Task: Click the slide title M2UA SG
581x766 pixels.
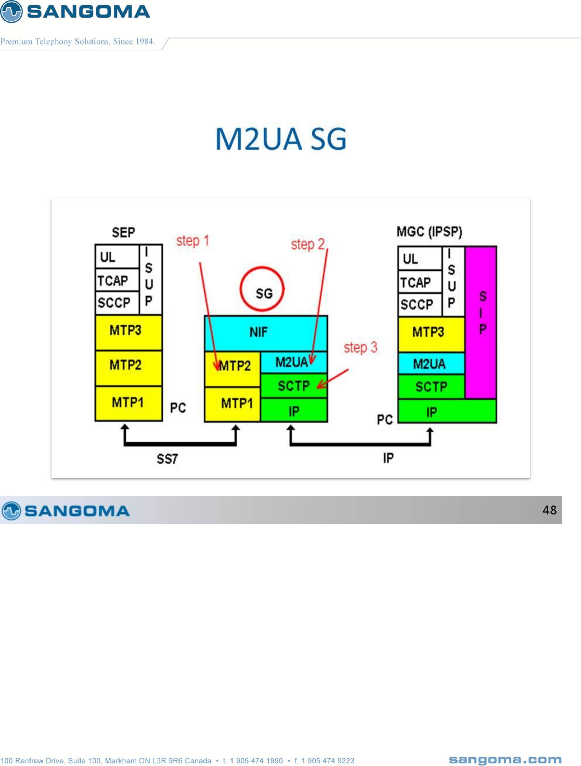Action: (281, 139)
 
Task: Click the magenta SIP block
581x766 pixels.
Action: (481, 322)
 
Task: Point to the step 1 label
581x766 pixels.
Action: (192, 241)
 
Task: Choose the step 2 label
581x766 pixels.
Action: (307, 244)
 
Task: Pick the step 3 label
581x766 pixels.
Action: (360, 348)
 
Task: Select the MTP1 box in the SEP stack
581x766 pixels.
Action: (128, 403)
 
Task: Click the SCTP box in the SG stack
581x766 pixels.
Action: (293, 386)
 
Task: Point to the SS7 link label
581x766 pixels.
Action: (167, 459)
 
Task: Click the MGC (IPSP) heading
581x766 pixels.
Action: (429, 232)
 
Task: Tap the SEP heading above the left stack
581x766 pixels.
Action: (123, 232)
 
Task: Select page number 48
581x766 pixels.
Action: (549, 510)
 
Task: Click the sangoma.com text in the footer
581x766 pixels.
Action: (505, 760)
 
